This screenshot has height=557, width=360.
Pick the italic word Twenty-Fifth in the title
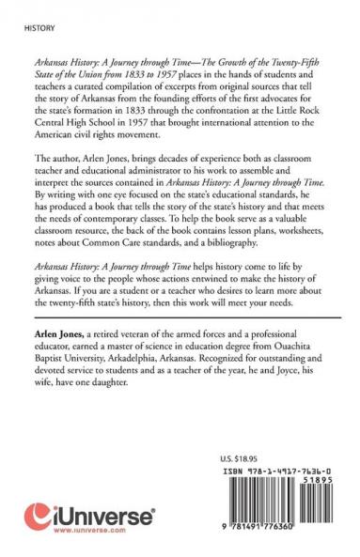pyautogui.click(x=283, y=58)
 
